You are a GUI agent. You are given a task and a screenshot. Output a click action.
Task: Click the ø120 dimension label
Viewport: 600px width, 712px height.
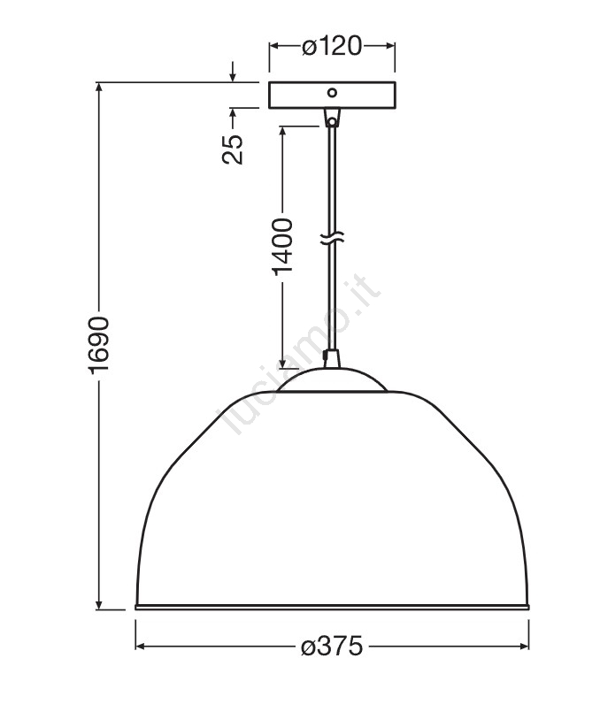pos(332,45)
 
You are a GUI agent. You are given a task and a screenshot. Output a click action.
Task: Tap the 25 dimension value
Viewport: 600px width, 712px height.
pos(233,149)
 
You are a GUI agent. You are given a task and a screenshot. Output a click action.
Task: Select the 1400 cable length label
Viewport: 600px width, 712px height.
pos(282,247)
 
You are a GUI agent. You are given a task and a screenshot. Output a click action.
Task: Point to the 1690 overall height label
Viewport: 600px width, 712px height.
pos(98,345)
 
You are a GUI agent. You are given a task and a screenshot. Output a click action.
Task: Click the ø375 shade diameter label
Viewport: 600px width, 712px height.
pos(332,646)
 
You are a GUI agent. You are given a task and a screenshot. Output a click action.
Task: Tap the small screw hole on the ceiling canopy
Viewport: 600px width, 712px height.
pos(333,93)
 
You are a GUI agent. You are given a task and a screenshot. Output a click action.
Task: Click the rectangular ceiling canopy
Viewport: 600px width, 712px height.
pos(332,96)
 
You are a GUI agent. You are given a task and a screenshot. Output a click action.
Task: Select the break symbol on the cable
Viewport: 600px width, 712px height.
pos(332,238)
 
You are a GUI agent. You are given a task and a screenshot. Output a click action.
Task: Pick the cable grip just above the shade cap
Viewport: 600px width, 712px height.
pos(332,358)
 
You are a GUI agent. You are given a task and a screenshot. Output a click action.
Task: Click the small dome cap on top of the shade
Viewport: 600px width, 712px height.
pos(332,379)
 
